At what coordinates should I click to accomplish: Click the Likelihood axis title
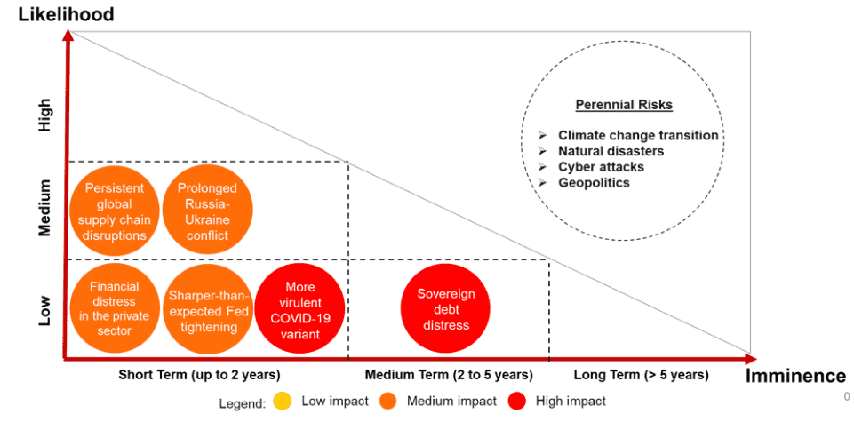coord(66,15)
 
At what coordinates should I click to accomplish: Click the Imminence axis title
coord(795,375)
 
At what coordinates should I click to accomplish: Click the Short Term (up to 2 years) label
coord(200,375)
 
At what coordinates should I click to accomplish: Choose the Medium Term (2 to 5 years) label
coord(449,375)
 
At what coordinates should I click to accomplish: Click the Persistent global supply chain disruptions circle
coord(115,211)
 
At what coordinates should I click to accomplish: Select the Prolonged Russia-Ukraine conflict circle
coord(208,211)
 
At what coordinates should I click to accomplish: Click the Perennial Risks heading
coord(624,105)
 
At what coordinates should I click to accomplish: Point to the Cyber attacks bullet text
coord(601,167)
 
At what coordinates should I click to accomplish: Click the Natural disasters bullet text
coord(611,151)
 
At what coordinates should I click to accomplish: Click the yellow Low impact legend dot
coord(283,402)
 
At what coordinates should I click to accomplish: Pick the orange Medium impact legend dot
coord(388,402)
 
